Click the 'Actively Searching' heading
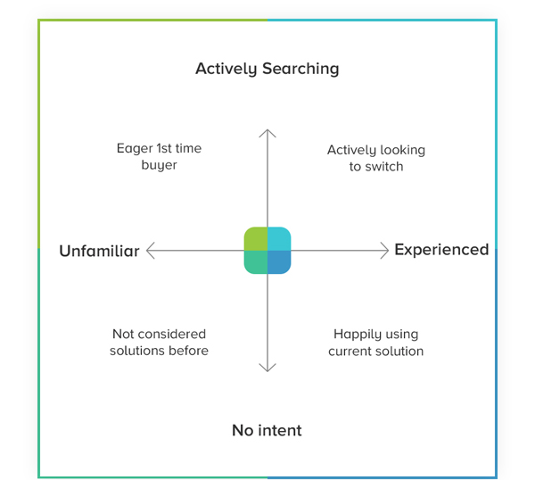pos(267,70)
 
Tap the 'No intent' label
pos(267,430)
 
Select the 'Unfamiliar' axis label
pos(99,251)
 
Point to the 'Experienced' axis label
pos(441,250)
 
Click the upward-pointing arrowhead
pos(267,132)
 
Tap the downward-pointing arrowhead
pos(267,368)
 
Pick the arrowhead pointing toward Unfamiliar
pos(150,251)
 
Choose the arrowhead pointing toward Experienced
pos(385,251)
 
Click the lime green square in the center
pos(256,238)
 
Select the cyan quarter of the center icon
pos(279,238)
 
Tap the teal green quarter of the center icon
pos(256,262)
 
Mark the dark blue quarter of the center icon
pos(279,262)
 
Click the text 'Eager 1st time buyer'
pos(159,157)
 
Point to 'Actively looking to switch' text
pos(376,159)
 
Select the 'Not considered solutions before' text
pos(159,343)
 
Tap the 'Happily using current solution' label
pos(376,343)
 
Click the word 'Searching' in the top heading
pos(300,70)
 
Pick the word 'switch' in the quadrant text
pos(384,167)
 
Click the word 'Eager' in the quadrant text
pos(135,149)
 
